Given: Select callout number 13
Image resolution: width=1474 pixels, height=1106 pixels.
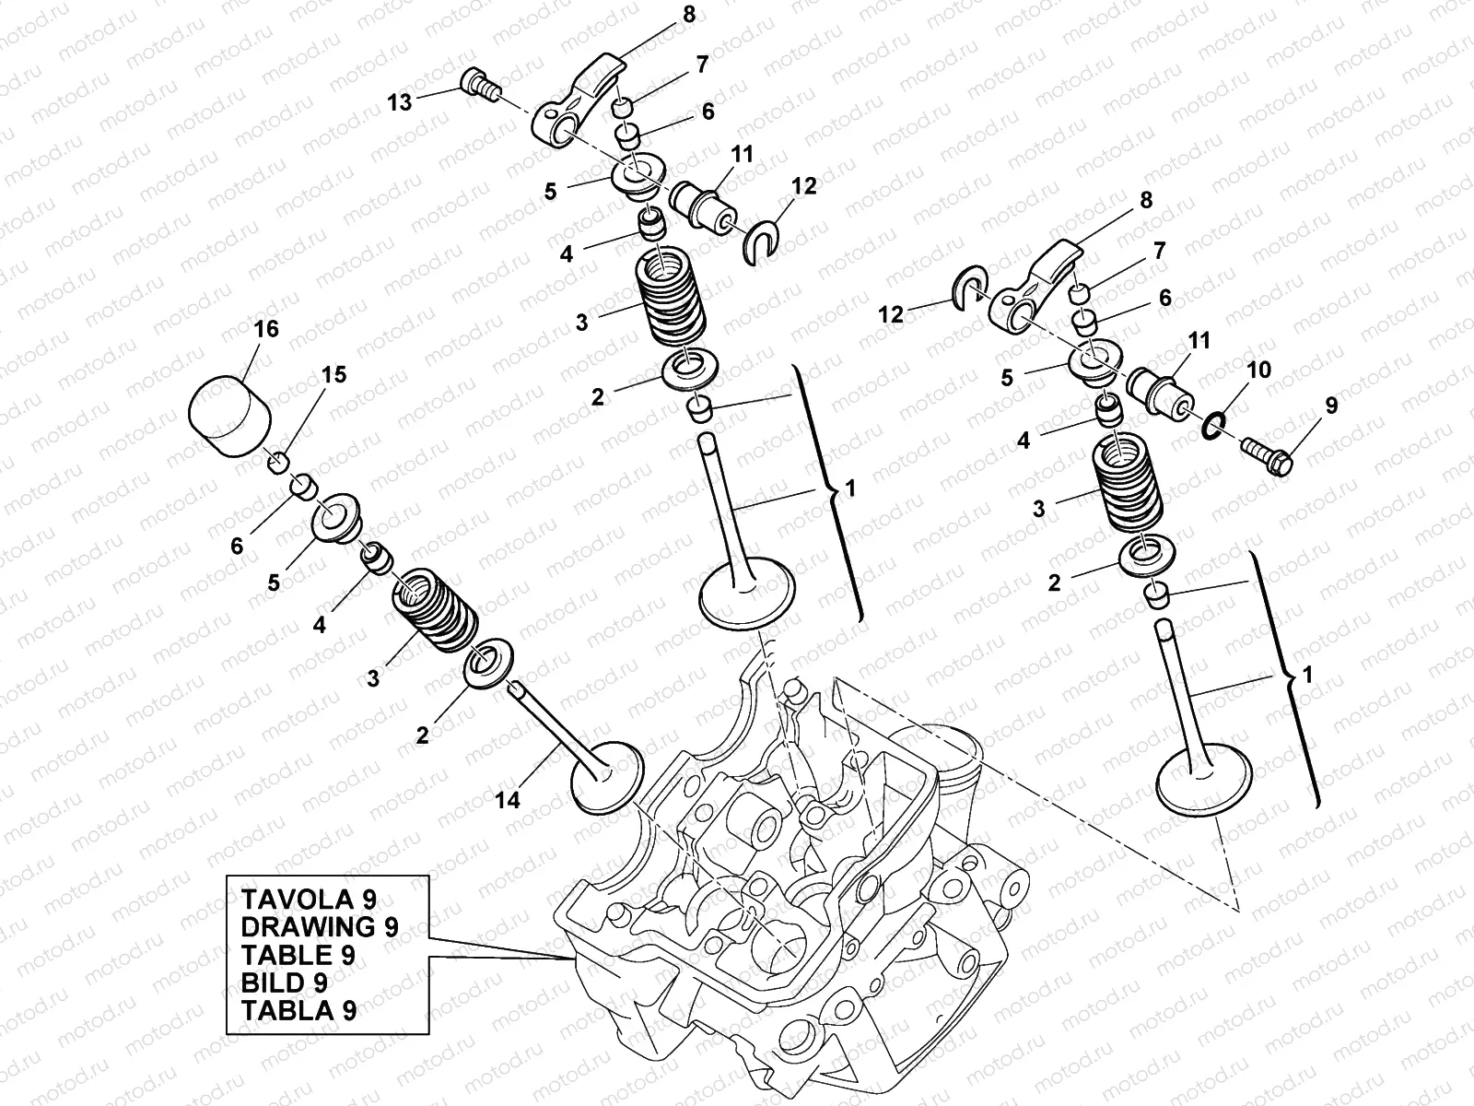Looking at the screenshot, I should pyautogui.click(x=400, y=102).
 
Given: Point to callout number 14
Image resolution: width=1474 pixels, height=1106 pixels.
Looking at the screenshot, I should pyautogui.click(x=508, y=800).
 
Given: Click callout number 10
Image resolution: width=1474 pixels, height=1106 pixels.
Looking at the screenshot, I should pyautogui.click(x=1258, y=371).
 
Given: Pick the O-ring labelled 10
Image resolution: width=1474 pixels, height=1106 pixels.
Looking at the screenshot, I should pyautogui.click(x=1214, y=426).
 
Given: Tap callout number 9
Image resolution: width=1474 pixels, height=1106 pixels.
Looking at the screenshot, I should pyautogui.click(x=1331, y=405).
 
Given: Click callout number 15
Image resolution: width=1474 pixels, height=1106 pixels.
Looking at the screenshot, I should pyautogui.click(x=333, y=374).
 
